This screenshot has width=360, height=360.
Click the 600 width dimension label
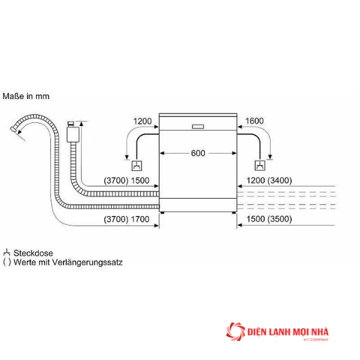pos(198,153)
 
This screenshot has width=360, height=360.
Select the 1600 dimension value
pos(254,121)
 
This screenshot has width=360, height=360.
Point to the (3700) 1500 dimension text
pos(127,181)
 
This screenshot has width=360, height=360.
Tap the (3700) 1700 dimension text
pos(127,219)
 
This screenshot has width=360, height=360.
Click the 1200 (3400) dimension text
pos(269,181)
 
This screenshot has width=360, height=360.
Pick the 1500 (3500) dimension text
pos(269,219)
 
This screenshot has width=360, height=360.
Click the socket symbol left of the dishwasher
pos(137,166)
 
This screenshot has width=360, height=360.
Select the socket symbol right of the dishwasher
pos(260,166)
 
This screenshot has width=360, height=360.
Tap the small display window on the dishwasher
pos(198,127)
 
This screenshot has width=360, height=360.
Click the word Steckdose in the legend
pos(33,253)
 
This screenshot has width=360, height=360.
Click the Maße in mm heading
pos(26,96)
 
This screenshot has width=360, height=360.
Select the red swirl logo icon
pos(235,331)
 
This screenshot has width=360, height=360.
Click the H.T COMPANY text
pos(316,340)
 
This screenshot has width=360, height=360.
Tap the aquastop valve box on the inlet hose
pos(73,134)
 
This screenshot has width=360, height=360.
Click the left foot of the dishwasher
pos(163,213)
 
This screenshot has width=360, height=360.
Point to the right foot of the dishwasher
pos(234,213)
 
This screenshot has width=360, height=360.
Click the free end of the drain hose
pos(13,129)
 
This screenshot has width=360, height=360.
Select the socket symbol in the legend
pos(7,253)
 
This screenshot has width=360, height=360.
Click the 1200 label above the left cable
pos(142,121)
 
